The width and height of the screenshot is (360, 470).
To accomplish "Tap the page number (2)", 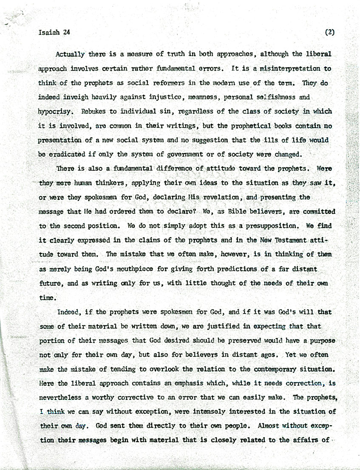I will click(x=329, y=32).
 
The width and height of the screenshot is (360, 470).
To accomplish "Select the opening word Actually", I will click(x=71, y=55).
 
